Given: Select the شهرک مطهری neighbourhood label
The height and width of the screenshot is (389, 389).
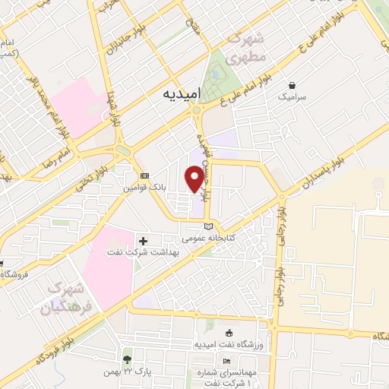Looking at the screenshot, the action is (x=248, y=46).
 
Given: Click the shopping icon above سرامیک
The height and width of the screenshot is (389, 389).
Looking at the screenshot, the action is (x=291, y=85).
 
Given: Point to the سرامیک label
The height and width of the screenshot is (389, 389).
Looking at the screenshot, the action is (x=291, y=97).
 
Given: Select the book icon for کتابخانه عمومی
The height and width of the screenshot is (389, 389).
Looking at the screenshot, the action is (x=209, y=226).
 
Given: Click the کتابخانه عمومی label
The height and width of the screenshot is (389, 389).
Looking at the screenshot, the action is (x=208, y=238).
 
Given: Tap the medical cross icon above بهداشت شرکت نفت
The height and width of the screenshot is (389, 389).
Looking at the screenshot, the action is (x=143, y=241).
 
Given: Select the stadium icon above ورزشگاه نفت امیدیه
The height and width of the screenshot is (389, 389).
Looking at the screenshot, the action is (x=229, y=333).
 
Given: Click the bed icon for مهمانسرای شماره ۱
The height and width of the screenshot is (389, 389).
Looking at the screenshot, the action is (x=226, y=361).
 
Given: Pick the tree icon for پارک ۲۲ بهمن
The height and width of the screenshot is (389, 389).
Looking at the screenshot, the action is (x=127, y=358).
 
